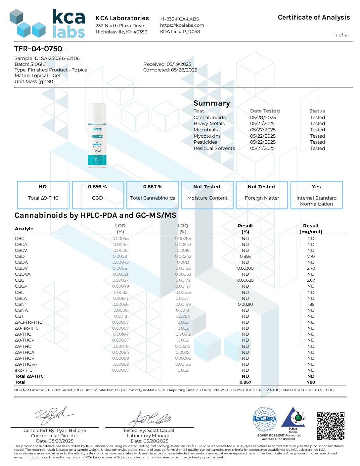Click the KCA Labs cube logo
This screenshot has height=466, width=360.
click(x=28, y=24)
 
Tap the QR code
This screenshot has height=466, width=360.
click(x=330, y=426)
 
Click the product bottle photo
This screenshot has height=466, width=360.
click(x=97, y=135)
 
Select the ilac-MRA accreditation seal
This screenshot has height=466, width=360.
click(x=265, y=419)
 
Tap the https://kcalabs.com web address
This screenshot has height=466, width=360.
click(x=182, y=25)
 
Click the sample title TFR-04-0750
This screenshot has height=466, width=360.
click(x=38, y=49)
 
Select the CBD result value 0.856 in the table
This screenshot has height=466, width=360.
click(x=245, y=256)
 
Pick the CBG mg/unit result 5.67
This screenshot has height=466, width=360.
click(x=311, y=280)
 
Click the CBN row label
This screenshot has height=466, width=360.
click(x=20, y=304)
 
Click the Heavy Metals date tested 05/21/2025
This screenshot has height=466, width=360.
click(x=262, y=123)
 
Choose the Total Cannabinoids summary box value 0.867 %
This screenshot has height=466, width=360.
click(x=153, y=187)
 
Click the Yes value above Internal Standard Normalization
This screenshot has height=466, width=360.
click(x=316, y=187)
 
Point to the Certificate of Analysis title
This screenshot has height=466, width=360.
click(x=314, y=18)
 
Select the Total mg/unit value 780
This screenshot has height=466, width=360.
click(x=311, y=382)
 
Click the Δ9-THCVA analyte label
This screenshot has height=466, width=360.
click(x=26, y=364)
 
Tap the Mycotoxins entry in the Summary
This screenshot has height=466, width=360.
click(x=207, y=136)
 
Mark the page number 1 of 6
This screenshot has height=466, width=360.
click(x=341, y=35)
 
